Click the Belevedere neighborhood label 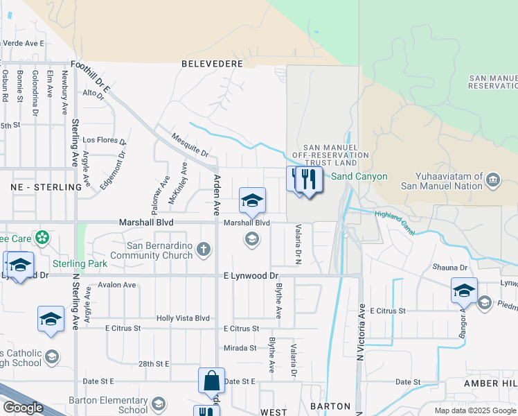(212, 64)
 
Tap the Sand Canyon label (359, 177)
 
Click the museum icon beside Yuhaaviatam (493, 181)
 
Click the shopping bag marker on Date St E (211, 381)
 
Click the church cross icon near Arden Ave (204, 250)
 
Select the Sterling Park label (80, 263)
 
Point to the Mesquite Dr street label (190, 146)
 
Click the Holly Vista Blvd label (183, 318)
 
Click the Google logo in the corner (22, 408)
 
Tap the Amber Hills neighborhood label (490, 383)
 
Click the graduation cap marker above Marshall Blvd (252, 201)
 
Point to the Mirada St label (240, 347)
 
